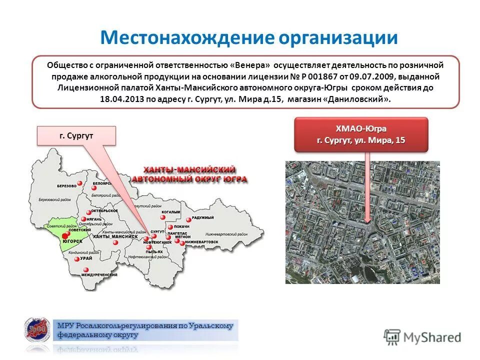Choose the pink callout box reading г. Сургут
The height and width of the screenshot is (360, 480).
tap(76, 135)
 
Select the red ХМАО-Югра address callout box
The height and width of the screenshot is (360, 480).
tap(361, 134)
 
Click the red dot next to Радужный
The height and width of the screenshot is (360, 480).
tap(188, 219)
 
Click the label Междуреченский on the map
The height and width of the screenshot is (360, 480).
tap(99, 275)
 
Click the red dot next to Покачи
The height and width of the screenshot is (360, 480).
tap(170, 226)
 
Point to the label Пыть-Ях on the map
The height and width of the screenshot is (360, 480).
tap(154, 252)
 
